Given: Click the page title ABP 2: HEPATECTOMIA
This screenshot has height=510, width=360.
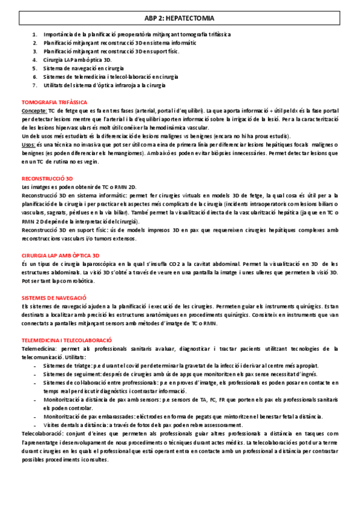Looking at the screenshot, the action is [x=179, y=19].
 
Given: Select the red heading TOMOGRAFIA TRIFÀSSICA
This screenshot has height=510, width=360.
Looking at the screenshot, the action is [x=54, y=102].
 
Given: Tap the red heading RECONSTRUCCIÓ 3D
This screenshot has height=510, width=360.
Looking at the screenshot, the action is [x=47, y=179].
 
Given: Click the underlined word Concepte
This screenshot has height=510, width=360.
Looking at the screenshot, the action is [x=34, y=111].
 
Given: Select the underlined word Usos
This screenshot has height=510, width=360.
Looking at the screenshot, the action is [x=28, y=145].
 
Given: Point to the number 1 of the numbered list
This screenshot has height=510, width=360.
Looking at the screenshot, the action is [x=35, y=35].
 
